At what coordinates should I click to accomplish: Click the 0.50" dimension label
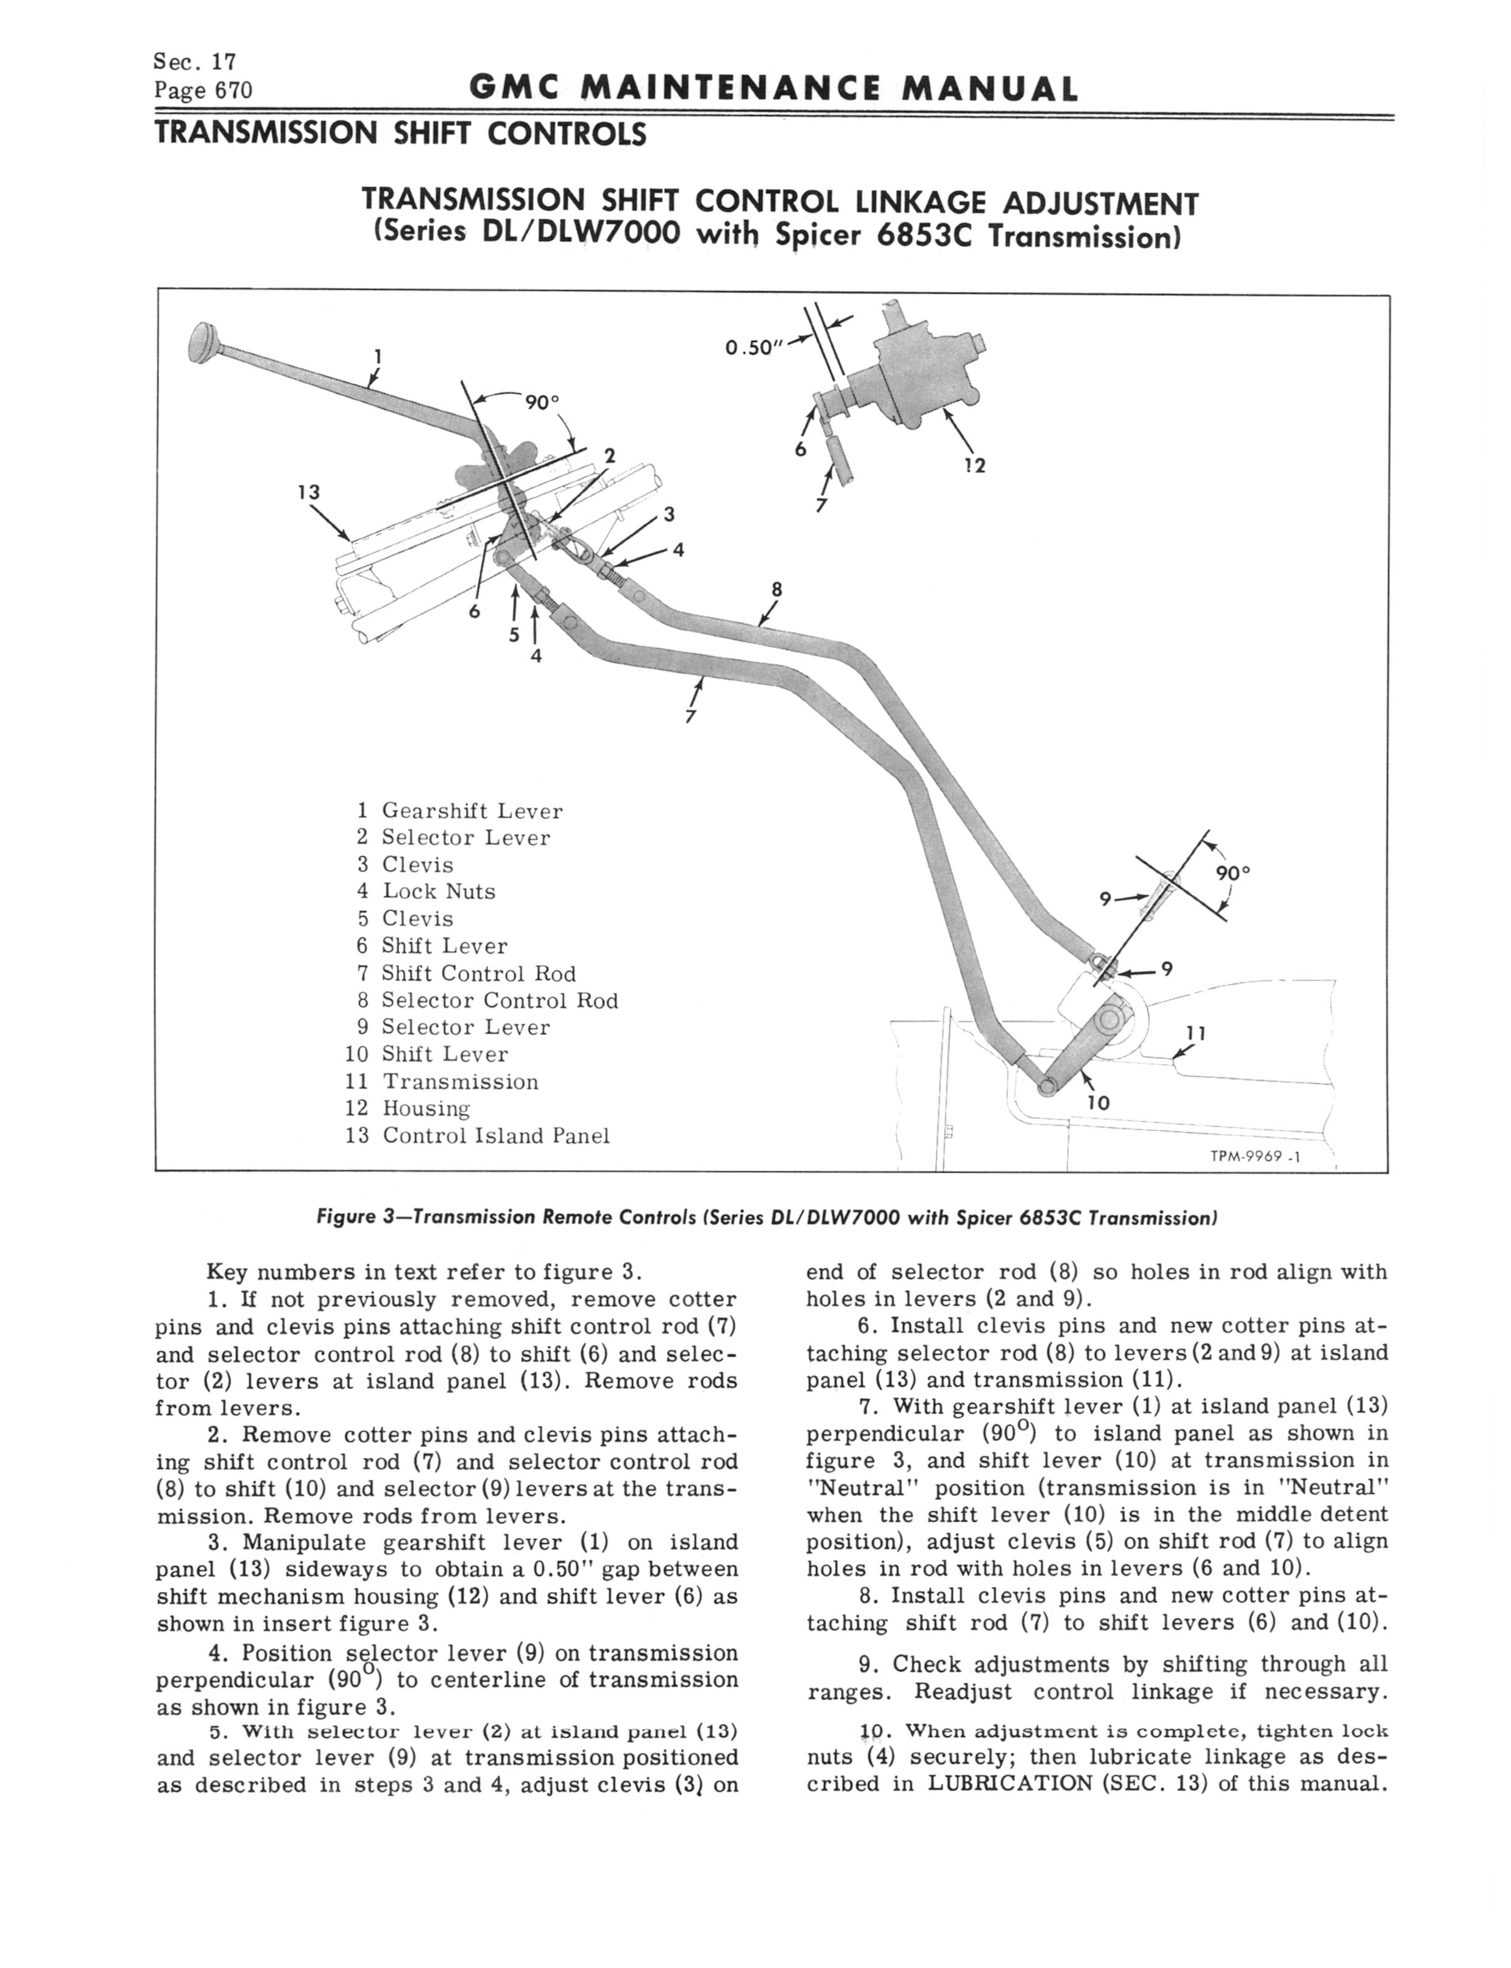point(749,348)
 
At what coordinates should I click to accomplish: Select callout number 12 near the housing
point(975,465)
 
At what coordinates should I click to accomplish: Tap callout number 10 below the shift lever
point(1098,1103)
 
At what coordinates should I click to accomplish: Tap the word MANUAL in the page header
point(990,89)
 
